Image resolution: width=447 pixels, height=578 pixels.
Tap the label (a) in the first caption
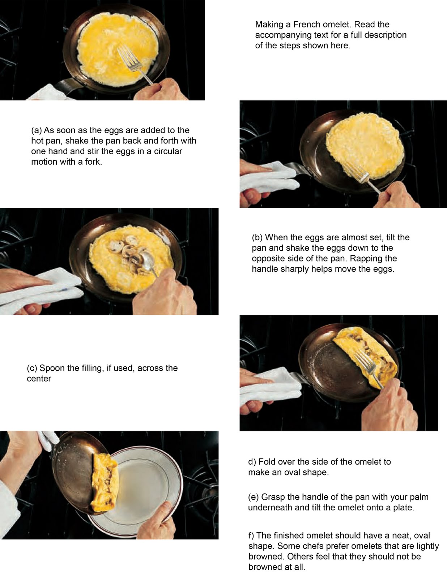coord(37,130)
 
